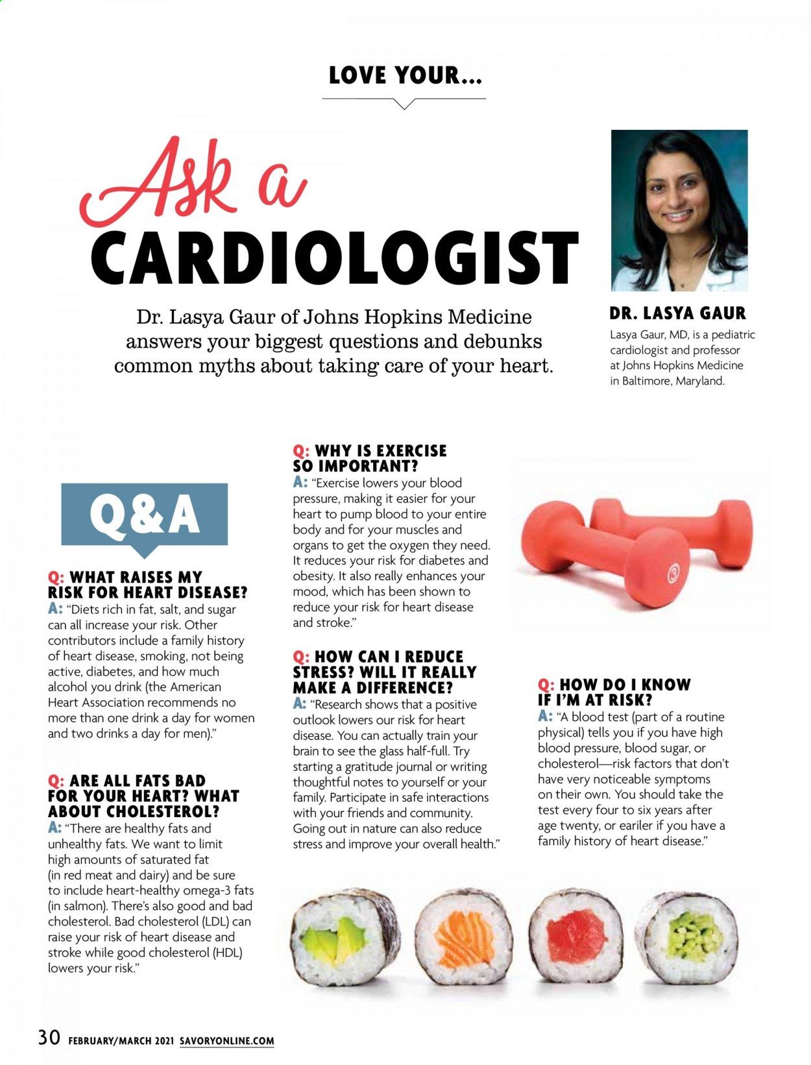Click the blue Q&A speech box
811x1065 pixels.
pos(144,515)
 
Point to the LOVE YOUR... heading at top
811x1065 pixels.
pos(405,76)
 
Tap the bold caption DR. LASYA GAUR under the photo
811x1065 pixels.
pos(677,313)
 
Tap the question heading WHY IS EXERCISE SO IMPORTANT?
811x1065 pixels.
pos(370,458)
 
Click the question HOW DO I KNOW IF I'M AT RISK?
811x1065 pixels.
pos(614,692)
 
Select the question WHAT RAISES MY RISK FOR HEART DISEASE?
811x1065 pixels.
pos(148,585)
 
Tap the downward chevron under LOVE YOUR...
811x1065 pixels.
pos(404,103)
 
